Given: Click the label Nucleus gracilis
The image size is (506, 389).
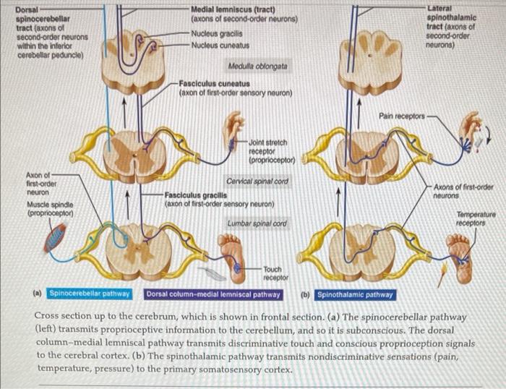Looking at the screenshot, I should [x=215, y=33].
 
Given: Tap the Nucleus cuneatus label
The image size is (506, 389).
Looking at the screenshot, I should [x=220, y=45].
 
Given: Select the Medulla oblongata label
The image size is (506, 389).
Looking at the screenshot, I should [x=257, y=66].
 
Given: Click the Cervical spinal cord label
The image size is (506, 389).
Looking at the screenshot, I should [x=257, y=181].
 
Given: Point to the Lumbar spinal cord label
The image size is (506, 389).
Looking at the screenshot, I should [x=257, y=223].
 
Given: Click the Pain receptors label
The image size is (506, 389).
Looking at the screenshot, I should [x=402, y=115].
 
